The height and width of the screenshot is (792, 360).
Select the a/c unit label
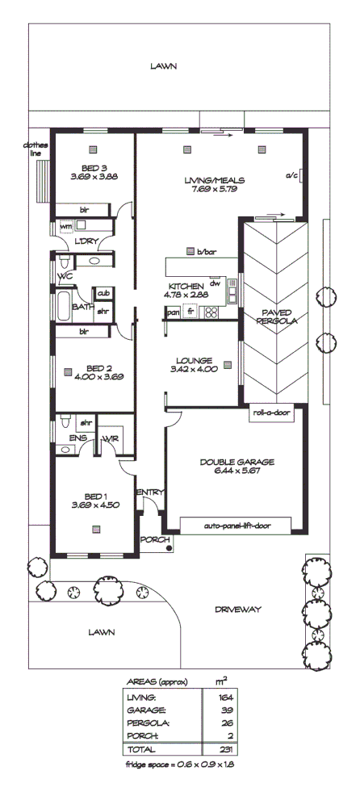(291, 175)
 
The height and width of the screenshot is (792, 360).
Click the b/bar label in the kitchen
(206, 252)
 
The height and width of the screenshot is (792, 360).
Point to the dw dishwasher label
(215, 283)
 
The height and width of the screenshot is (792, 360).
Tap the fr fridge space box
(190, 312)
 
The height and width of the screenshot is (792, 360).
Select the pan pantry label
(173, 312)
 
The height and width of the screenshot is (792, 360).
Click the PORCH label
(152, 538)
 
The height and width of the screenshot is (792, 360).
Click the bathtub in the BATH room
(63, 307)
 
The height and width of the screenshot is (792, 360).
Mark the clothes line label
(37, 150)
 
